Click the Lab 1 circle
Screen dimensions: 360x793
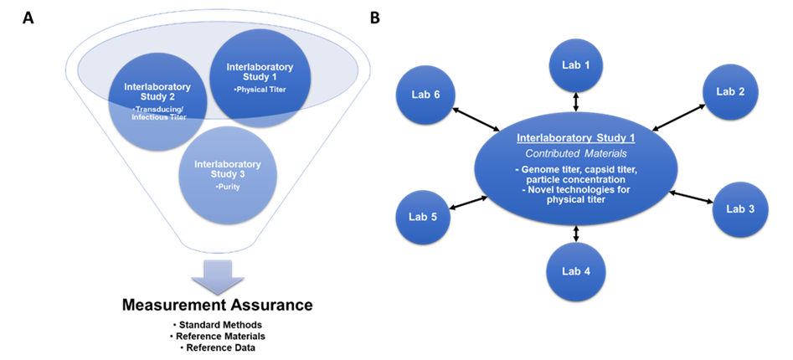(x=575, y=64)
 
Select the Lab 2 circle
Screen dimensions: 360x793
(x=730, y=91)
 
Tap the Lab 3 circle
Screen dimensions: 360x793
(x=740, y=208)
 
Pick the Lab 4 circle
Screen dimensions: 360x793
(x=575, y=271)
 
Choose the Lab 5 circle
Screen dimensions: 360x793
(x=423, y=217)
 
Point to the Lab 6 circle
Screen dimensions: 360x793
(x=425, y=95)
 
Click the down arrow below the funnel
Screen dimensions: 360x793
(x=217, y=277)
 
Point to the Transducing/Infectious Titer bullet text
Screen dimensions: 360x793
(x=157, y=113)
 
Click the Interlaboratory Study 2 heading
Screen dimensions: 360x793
(x=157, y=91)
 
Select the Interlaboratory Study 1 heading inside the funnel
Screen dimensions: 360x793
(x=260, y=71)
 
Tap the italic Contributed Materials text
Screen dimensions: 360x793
(x=575, y=153)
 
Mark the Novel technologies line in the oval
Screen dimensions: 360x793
(x=575, y=189)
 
